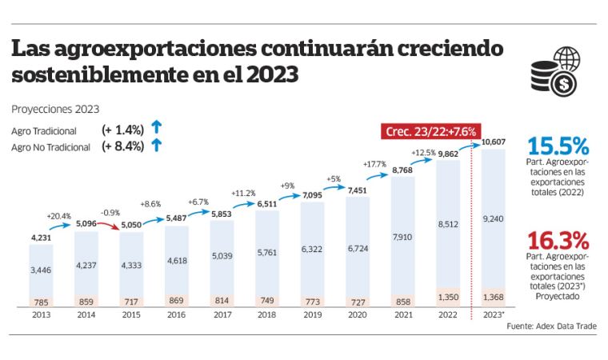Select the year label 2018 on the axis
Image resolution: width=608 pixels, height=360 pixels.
[267, 315]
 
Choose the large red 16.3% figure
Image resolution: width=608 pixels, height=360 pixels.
[558, 240]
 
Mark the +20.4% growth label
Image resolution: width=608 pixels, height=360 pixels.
[58, 216]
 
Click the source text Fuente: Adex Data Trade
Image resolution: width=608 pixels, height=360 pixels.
[551, 326]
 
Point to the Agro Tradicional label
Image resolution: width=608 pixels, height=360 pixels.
[44, 130]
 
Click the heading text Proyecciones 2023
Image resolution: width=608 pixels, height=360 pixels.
[55, 109]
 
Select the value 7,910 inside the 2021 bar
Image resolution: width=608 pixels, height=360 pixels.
[404, 236]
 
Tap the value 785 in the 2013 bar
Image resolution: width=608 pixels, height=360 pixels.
[40, 302]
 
